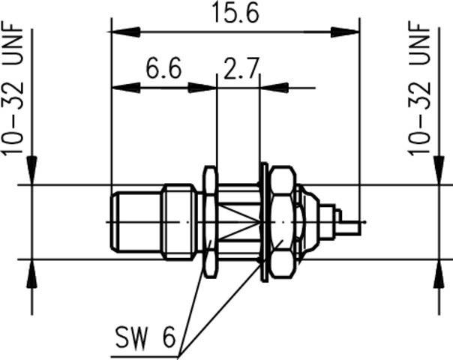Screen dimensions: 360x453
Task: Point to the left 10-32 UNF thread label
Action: point(16,89)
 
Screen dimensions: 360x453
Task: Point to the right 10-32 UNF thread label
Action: point(424,89)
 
